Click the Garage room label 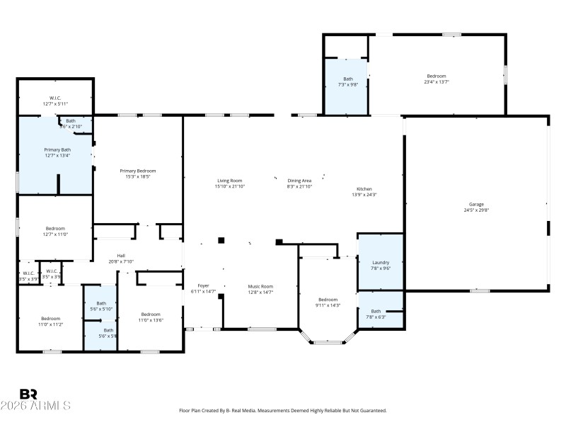(x=476, y=204)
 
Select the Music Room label (x=260, y=286)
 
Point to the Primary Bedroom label (x=137, y=171)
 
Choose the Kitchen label (x=364, y=189)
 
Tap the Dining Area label (x=299, y=181)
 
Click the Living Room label (x=230, y=181)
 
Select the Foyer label (x=203, y=286)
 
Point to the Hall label (x=121, y=256)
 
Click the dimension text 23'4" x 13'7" (x=437, y=81)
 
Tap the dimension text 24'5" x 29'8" (x=476, y=210)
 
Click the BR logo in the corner (x=29, y=394)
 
